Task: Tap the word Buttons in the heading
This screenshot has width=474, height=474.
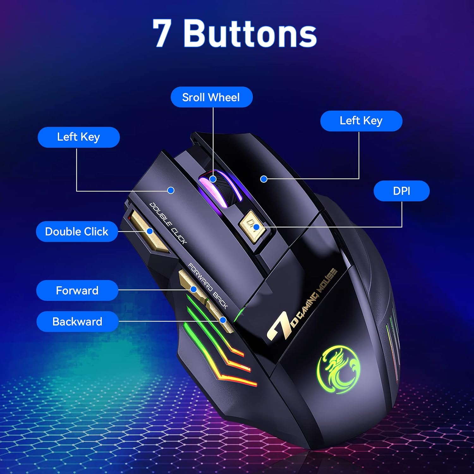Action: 250,33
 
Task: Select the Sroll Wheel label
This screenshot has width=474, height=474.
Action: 211,97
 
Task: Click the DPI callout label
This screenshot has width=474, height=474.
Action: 401,191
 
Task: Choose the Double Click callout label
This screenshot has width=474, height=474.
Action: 77,232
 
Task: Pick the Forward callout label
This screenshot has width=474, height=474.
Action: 77,290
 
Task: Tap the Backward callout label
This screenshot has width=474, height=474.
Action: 77,321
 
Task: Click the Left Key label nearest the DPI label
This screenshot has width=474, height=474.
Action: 361,121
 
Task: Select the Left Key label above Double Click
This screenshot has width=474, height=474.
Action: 79,137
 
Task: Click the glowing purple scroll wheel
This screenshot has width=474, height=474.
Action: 221,188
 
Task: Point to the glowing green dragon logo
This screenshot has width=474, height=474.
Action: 338,369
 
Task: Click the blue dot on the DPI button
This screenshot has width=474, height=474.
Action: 257,227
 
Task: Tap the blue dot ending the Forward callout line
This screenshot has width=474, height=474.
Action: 194,289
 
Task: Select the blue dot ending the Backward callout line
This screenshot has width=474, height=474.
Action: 223,320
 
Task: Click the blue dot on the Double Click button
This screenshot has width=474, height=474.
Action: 150,231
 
